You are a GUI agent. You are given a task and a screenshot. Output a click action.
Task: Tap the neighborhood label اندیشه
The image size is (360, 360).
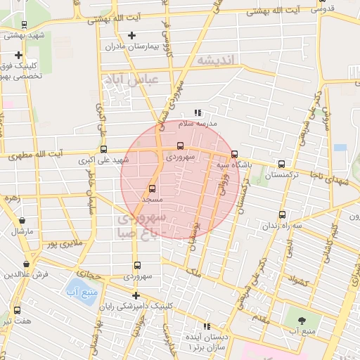tap(219, 60)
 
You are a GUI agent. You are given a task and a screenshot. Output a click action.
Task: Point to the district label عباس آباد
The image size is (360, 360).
tap(130, 80)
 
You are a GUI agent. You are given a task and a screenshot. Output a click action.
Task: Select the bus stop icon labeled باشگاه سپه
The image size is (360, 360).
tap(234, 154)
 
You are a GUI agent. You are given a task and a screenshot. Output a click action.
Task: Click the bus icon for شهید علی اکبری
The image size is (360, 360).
tap(104, 149)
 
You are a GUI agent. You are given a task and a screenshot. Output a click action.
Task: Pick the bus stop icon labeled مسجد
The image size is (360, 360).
tap(153, 188)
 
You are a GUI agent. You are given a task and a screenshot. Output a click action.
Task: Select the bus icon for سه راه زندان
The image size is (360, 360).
tap(282, 214)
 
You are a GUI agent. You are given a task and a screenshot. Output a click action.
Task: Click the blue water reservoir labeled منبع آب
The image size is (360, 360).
tap(74, 290)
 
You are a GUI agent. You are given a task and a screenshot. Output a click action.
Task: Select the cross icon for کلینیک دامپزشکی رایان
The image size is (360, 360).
tap(136, 295)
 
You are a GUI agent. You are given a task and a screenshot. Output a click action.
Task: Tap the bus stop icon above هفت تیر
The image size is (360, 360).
tap(17, 310)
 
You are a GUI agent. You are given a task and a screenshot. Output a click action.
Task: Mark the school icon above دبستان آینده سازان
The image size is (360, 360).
tap(207, 326)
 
